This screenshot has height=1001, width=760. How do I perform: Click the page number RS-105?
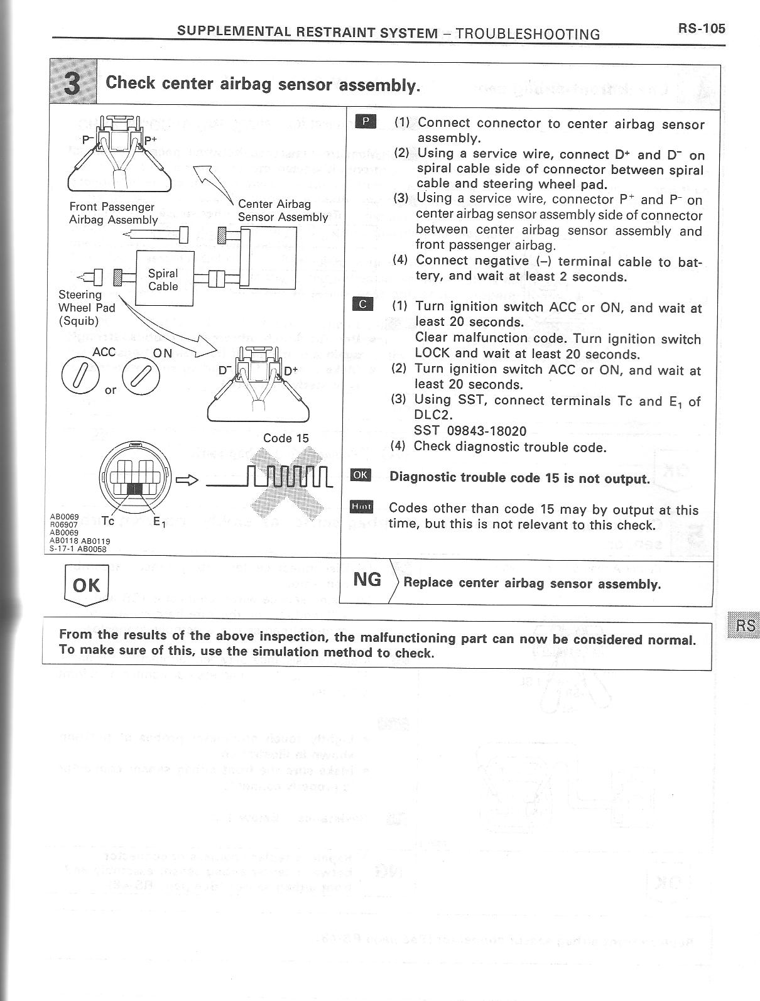point(701,28)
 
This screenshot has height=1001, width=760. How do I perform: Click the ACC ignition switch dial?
point(81,375)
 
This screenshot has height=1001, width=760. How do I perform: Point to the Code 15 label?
point(286,438)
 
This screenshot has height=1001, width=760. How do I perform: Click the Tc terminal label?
point(107,521)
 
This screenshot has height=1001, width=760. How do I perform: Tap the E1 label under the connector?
point(159,521)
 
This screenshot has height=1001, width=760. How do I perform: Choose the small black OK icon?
point(361,475)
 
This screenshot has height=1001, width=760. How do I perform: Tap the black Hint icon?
point(361,506)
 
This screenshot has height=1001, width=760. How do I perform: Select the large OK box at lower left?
point(86,585)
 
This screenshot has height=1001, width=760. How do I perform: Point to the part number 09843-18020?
point(484,431)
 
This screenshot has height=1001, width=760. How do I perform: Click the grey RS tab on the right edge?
point(745,625)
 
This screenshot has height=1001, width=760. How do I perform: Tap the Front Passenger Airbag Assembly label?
point(113,213)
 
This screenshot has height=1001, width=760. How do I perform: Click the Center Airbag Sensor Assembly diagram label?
point(283,210)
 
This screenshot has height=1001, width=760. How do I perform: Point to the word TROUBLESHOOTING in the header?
point(528,34)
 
